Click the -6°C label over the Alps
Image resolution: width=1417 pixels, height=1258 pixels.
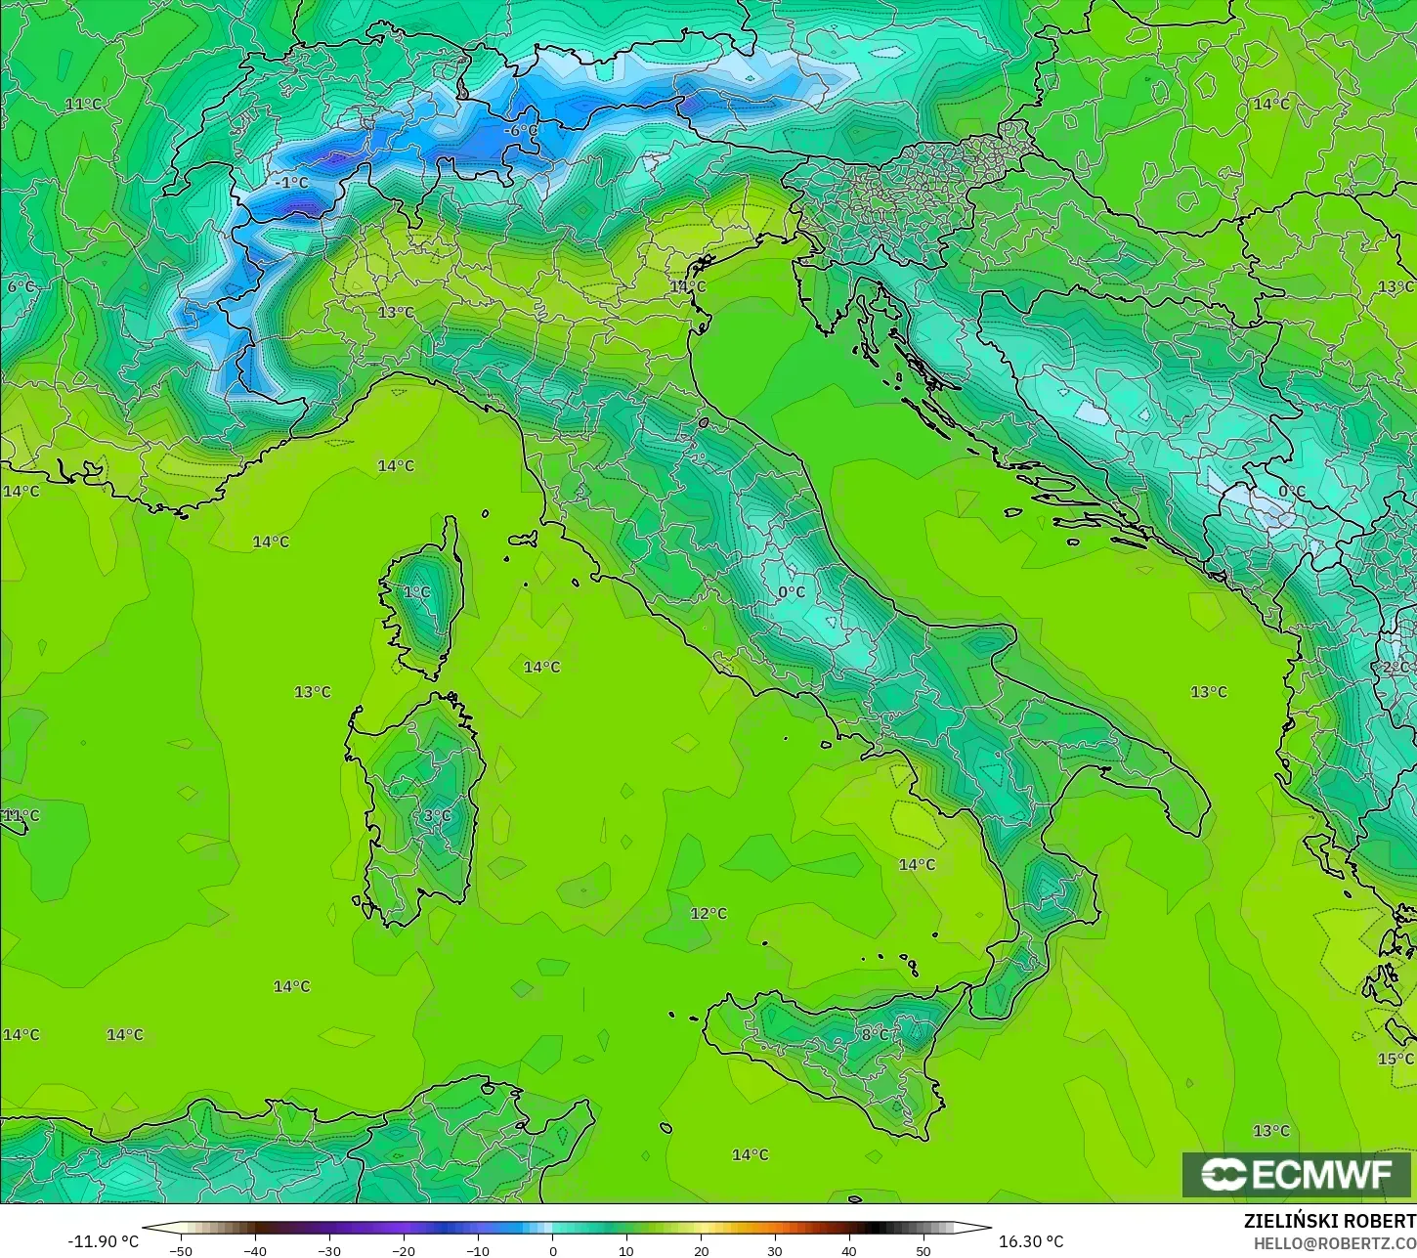tap(521, 130)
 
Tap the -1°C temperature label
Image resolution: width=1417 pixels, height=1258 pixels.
tap(290, 183)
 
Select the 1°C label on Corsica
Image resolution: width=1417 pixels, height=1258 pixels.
tap(416, 591)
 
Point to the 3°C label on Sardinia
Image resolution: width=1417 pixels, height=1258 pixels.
tap(437, 815)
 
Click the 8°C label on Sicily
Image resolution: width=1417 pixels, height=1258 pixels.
tap(875, 1034)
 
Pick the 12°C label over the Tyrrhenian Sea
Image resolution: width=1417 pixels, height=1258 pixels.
tap(708, 913)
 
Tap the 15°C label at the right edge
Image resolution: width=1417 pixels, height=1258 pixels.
tap(1396, 1059)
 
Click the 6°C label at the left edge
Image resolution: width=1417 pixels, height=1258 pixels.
tap(21, 286)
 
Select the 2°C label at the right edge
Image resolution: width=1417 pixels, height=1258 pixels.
tap(1396, 668)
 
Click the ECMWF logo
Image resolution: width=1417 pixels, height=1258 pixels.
tap(1297, 1174)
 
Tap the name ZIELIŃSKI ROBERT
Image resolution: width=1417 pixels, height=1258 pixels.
tap(1329, 1222)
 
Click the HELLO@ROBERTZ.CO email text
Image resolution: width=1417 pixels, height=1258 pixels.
tap(1335, 1243)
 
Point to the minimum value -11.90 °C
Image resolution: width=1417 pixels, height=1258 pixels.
tap(103, 1241)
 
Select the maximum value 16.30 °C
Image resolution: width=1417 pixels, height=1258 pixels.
tap(1031, 1241)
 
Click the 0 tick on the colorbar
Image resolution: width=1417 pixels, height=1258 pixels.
tap(552, 1250)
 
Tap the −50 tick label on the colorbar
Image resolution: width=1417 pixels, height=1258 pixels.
tap(180, 1250)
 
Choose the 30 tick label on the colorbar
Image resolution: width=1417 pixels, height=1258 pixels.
tap(775, 1250)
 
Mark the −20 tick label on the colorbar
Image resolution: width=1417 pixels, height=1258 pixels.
tap(403, 1250)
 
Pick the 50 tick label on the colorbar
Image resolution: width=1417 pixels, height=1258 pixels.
tap(923, 1250)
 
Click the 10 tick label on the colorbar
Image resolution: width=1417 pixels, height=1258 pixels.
tap(626, 1250)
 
